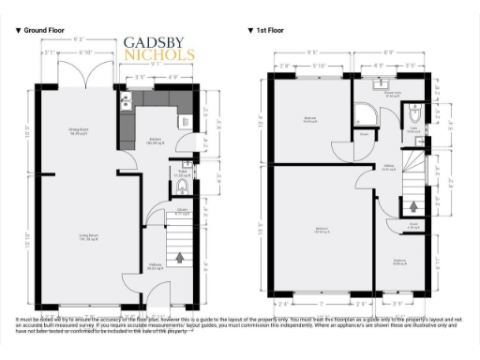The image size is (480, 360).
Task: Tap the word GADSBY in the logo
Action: coord(159,43)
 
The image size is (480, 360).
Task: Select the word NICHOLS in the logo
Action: coord(159,55)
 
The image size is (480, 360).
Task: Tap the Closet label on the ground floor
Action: coord(184,213)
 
